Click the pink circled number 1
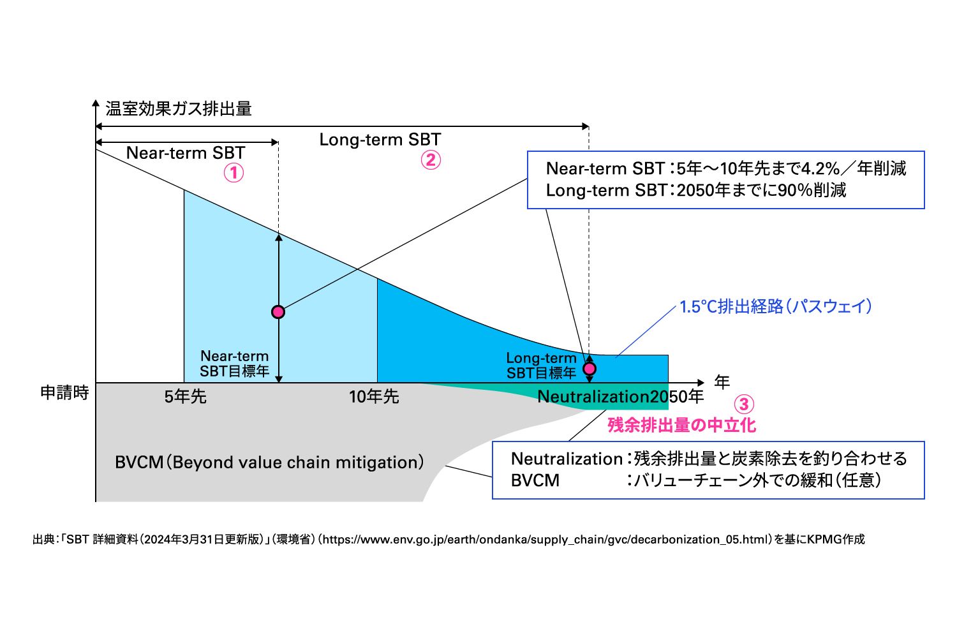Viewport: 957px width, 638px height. (234, 173)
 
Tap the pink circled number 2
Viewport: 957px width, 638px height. (431, 160)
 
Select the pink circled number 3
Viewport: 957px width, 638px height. (744, 404)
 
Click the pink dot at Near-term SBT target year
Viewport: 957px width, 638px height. (278, 312)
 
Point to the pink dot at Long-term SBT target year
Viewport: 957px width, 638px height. (589, 368)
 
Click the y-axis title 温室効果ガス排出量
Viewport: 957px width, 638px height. (179, 108)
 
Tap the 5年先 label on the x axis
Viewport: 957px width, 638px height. (186, 397)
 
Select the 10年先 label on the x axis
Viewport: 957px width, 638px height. (374, 397)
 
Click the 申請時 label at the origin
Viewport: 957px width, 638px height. (64, 392)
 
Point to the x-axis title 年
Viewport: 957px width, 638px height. (722, 382)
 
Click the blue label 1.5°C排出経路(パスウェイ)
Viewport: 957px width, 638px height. (775, 306)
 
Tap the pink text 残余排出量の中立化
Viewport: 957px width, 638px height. (682, 425)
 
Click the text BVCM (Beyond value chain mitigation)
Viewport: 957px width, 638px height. (270, 463)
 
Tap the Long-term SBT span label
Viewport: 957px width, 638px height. (380, 140)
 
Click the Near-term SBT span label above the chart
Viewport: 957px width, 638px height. (186, 153)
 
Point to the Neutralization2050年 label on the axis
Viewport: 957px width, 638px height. (620, 397)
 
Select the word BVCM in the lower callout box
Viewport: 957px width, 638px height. (535, 480)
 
